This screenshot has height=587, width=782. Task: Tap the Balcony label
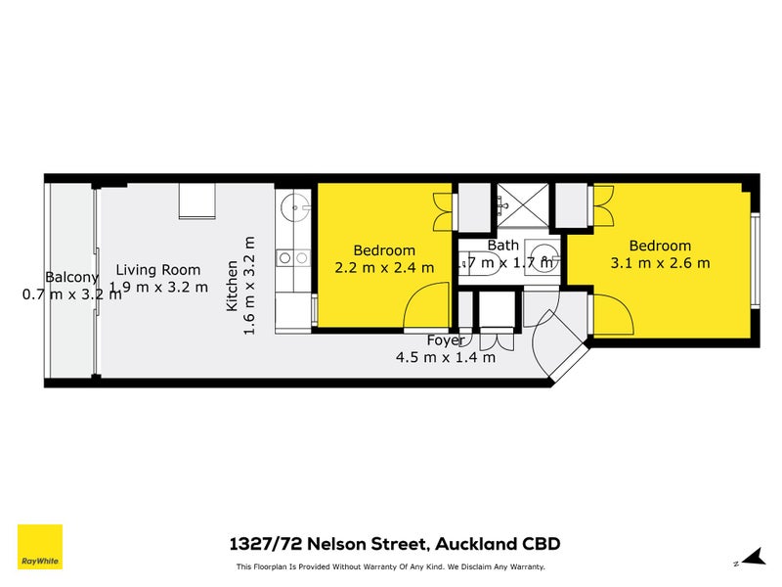pyautogui.click(x=71, y=277)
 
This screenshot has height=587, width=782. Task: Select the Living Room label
pyautogui.click(x=158, y=270)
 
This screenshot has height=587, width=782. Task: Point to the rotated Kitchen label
pyautogui.click(x=233, y=286)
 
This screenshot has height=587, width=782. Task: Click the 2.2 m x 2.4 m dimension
pyautogui.click(x=384, y=267)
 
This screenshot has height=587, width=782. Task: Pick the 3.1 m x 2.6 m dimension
pyautogui.click(x=660, y=262)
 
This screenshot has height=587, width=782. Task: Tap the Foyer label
pyautogui.click(x=445, y=340)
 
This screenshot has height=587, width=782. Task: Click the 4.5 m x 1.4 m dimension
pyautogui.click(x=445, y=357)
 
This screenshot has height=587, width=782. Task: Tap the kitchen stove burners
pyautogui.click(x=292, y=258)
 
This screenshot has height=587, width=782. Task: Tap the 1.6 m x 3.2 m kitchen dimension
pyautogui.click(x=249, y=286)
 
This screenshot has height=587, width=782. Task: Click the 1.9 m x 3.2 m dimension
pyautogui.click(x=158, y=287)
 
